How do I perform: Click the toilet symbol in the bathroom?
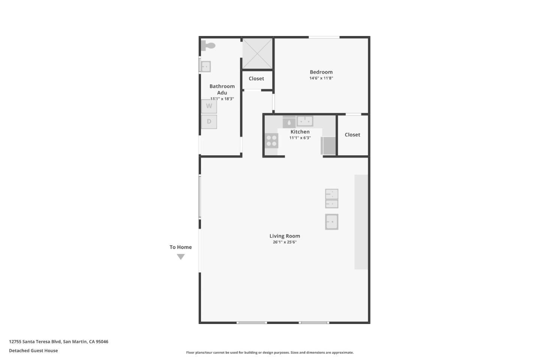tap(208, 46)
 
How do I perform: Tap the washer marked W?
tap(209, 106)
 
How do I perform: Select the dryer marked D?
tap(209, 121)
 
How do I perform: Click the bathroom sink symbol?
tap(205, 66)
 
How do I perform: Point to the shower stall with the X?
tap(257, 53)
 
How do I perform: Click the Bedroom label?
tap(321, 72)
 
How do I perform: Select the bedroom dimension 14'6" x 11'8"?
tap(321, 78)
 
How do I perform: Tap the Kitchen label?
tap(300, 132)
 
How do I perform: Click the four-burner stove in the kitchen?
tap(271, 141)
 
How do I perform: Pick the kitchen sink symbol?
tap(305, 121)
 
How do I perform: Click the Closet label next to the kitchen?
tap(352, 135)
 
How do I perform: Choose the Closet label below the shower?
tap(256, 78)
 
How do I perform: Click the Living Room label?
tap(285, 236)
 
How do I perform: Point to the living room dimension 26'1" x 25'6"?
tap(285, 242)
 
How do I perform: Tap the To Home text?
tap(180, 247)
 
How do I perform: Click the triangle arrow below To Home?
tap(181, 256)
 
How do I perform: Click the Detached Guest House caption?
tap(33, 351)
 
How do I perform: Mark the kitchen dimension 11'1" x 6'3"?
tap(300, 138)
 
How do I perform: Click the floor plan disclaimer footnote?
tap(270, 352)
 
